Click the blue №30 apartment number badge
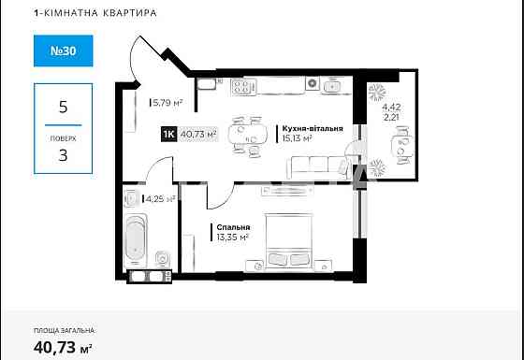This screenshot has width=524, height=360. click(63, 51)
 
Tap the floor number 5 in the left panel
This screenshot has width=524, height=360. click(63, 107)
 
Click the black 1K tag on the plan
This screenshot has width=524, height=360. click(169, 135)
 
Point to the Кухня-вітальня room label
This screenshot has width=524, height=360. click(309, 128)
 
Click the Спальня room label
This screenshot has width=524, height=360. click(231, 227)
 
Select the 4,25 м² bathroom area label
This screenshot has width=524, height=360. click(159, 198)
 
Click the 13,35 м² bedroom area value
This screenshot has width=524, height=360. click(232, 238)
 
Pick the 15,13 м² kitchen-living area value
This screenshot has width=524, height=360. click(296, 138)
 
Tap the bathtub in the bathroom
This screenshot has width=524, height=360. click(137, 238)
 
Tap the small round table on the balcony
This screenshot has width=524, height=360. click(400, 146)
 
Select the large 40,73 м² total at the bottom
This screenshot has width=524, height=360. click(63, 348)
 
